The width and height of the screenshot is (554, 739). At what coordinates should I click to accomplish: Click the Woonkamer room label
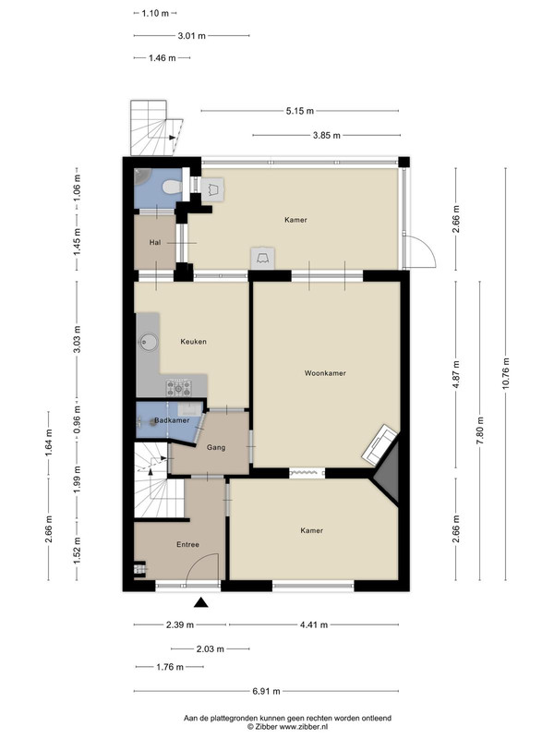[325, 373]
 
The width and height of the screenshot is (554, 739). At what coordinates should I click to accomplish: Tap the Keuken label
[194, 342]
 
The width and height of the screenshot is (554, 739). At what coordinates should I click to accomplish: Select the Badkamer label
[172, 420]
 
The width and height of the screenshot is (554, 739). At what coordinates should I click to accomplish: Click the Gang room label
[216, 448]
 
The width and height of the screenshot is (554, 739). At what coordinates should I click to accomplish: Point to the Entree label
[188, 544]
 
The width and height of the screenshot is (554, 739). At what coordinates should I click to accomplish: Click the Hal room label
[155, 242]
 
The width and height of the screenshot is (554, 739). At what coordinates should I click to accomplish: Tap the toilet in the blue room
[172, 188]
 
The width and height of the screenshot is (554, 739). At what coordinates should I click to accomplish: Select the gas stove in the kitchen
[179, 387]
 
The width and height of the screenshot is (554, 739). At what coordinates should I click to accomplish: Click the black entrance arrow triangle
[201, 602]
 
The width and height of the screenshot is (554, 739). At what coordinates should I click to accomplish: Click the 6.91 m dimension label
[267, 691]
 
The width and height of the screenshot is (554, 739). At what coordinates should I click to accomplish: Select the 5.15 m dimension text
[299, 111]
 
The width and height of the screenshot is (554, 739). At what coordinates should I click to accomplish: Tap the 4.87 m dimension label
[456, 374]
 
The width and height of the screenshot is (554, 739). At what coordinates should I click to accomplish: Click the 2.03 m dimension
[211, 649]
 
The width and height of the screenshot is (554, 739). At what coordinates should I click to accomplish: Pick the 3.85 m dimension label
[327, 136]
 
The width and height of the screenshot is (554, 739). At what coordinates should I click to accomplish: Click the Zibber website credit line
[287, 727]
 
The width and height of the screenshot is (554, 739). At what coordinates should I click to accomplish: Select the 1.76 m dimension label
[170, 667]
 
